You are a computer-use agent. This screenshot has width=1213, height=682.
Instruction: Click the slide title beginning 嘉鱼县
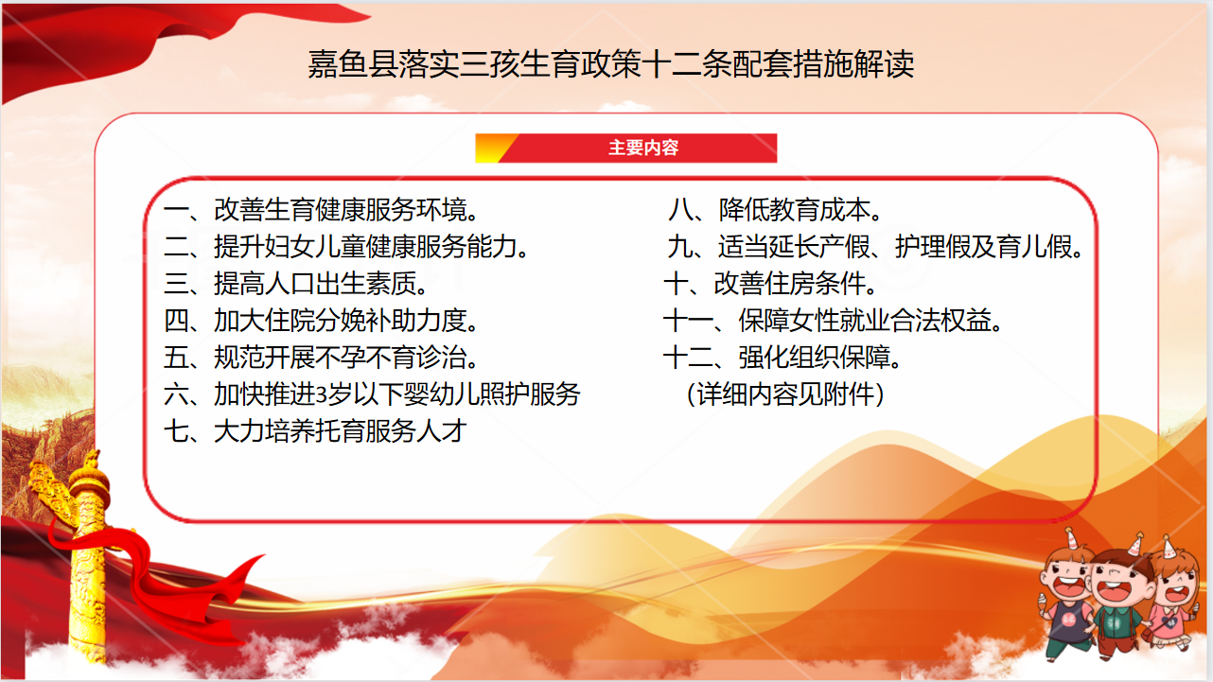(611, 64)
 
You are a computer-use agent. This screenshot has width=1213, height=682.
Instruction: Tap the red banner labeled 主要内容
(626, 148)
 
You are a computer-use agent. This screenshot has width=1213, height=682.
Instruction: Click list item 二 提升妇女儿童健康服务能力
(346, 247)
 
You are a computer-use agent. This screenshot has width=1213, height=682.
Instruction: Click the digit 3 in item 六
(321, 394)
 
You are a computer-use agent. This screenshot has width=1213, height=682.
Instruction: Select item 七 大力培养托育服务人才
(315, 431)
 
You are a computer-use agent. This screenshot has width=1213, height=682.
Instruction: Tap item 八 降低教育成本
(775, 210)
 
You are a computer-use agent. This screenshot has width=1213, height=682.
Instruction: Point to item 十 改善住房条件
(770, 284)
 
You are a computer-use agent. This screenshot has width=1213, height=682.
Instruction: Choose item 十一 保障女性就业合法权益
(833, 321)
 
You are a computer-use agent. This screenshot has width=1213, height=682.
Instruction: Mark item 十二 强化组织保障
(782, 358)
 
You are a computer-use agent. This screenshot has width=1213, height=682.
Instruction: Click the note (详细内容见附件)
(785, 394)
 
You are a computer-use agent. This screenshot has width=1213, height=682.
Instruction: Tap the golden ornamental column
(85, 557)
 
